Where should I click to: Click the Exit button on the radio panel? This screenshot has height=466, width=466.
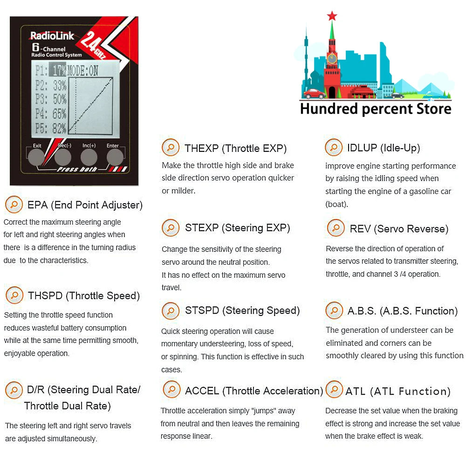[36, 157]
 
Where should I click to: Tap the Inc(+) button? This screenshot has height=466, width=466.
[89, 157]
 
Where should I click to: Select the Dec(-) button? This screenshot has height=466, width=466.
[63, 157]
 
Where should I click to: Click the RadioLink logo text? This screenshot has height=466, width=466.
[52, 36]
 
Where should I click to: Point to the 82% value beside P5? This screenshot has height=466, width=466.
[60, 129]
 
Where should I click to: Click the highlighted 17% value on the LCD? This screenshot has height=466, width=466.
[59, 70]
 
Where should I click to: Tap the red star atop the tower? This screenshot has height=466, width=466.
[332, 16]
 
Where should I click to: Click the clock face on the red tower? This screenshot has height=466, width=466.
[332, 58]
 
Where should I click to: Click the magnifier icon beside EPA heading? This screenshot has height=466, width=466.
[14, 205]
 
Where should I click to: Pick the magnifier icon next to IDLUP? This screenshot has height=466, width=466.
[334, 147]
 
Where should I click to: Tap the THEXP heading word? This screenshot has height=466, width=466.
[201, 148]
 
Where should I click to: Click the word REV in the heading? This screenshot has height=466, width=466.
[360, 229]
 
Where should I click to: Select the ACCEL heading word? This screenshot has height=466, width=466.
[202, 391]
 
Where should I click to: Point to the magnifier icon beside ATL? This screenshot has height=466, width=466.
[334, 389]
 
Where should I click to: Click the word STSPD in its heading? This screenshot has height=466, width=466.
[202, 310]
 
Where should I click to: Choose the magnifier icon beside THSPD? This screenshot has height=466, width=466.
[14, 295]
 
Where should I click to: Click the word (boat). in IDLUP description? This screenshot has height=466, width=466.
[337, 205]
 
